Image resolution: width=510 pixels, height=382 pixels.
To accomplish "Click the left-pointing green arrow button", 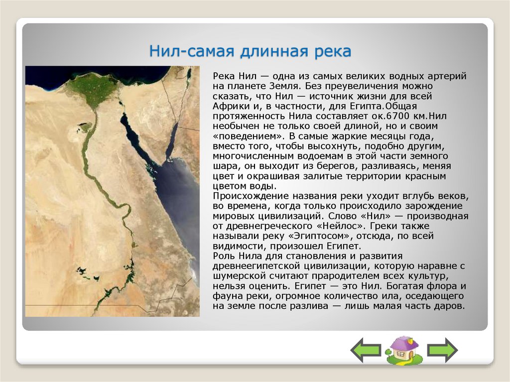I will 366,350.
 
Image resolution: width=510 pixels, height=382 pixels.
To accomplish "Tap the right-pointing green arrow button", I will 442,350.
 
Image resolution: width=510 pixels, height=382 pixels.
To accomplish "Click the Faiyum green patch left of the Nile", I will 83,127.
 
